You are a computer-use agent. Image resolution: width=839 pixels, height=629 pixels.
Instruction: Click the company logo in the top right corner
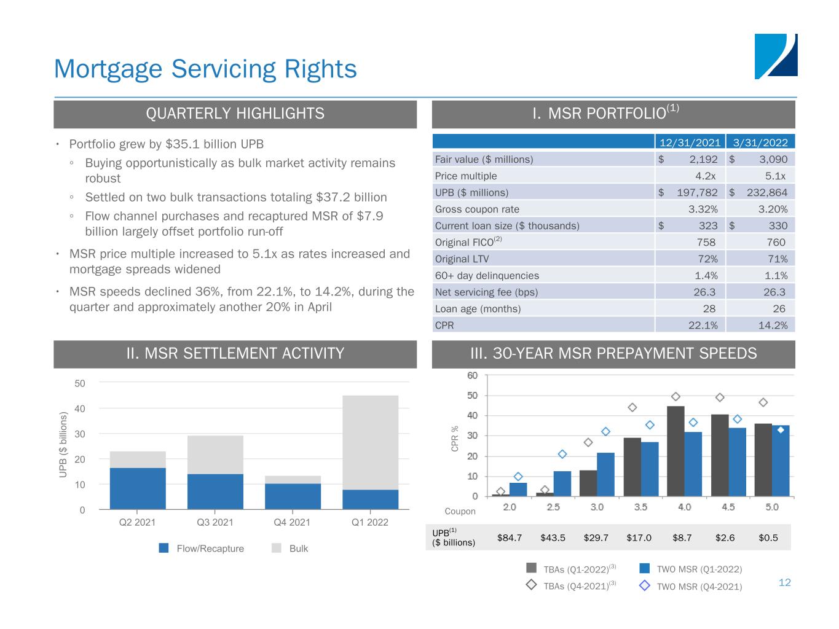775,56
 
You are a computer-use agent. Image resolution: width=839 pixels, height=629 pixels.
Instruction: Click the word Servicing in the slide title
224,69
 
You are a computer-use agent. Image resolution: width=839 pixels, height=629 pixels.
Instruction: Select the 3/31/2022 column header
760,143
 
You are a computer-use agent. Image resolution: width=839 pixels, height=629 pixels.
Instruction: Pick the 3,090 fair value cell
773,159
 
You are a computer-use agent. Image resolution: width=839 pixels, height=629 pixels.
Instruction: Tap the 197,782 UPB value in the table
697,192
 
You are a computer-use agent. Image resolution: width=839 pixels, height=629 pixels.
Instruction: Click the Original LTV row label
462,259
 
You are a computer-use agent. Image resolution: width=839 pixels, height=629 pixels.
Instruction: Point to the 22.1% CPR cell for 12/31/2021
703,326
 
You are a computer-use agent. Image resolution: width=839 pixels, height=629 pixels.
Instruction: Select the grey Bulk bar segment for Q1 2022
370,443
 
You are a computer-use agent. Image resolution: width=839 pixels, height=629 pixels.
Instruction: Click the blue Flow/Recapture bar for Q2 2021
138,488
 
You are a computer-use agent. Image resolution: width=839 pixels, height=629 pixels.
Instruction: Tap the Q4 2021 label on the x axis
291,522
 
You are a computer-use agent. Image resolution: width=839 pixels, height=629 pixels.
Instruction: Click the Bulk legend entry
290,549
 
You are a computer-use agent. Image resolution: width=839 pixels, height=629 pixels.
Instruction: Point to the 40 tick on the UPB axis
79,408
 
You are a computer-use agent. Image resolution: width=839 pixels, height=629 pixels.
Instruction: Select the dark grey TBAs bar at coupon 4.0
676,451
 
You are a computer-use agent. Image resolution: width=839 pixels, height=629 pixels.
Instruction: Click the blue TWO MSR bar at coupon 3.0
605,475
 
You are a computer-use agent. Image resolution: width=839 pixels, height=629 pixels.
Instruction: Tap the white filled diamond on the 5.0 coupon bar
781,430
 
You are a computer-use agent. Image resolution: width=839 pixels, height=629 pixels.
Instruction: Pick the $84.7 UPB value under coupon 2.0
509,537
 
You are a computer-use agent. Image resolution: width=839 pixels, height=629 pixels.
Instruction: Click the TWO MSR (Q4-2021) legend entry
690,586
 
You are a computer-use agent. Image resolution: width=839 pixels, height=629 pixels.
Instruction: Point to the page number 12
784,582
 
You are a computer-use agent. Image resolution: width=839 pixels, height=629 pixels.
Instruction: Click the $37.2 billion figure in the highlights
351,197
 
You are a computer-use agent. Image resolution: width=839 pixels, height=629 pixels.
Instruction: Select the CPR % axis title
454,439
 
